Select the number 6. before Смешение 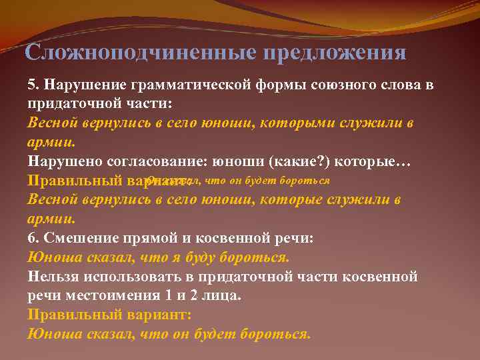click(x=33, y=238)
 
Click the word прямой click(x=145, y=238)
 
